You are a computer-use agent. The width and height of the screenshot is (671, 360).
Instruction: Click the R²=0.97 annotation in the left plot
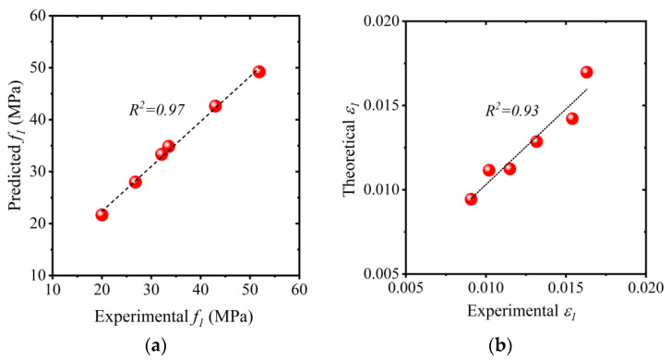[156, 110]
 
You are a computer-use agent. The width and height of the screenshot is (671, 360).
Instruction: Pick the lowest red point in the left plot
[102, 214]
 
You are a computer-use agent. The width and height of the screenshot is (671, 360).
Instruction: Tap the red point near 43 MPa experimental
[215, 106]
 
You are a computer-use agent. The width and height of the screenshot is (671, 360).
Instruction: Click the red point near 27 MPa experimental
[136, 182]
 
